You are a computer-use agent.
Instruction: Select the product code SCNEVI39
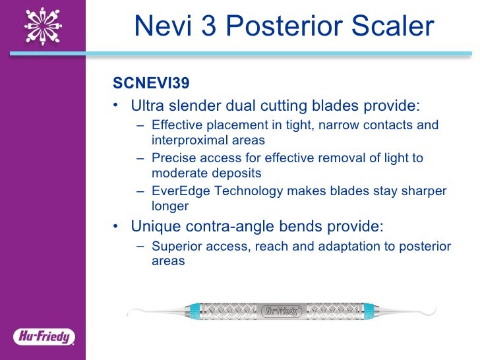pos(151,84)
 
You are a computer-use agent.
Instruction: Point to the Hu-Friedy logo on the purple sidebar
pos(44,337)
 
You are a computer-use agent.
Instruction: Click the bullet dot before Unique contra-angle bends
pos(116,227)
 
